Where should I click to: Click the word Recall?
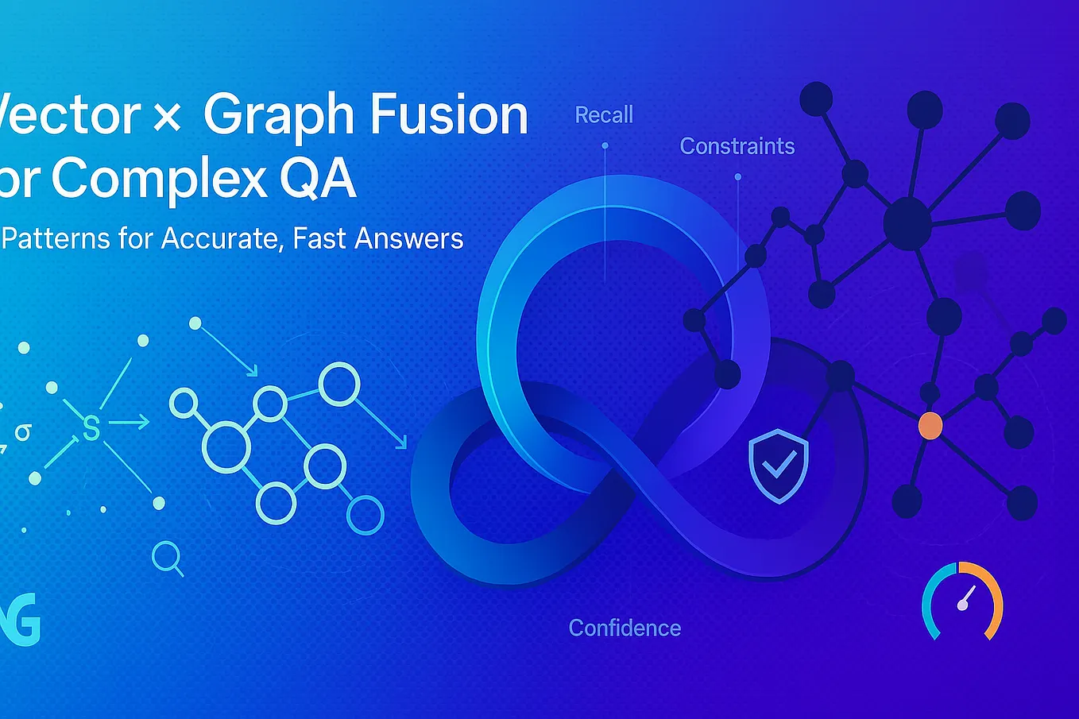(x=604, y=115)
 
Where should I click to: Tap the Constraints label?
(x=737, y=146)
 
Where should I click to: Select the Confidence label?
(x=625, y=628)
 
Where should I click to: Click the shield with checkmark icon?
(x=779, y=466)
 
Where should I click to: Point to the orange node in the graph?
(x=930, y=426)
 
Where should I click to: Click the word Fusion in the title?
(x=449, y=114)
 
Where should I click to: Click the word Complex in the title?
(x=159, y=180)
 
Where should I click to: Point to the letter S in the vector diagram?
(x=91, y=428)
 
